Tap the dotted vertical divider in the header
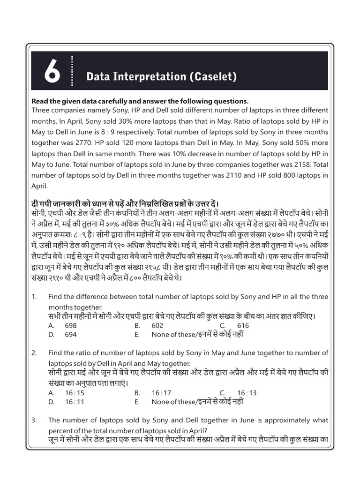(73, 71)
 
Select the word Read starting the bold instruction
(39, 101)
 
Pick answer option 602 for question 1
(157, 325)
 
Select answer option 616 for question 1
(243, 325)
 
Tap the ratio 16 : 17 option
(162, 393)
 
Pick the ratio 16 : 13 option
(247, 393)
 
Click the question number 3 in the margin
(34, 420)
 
